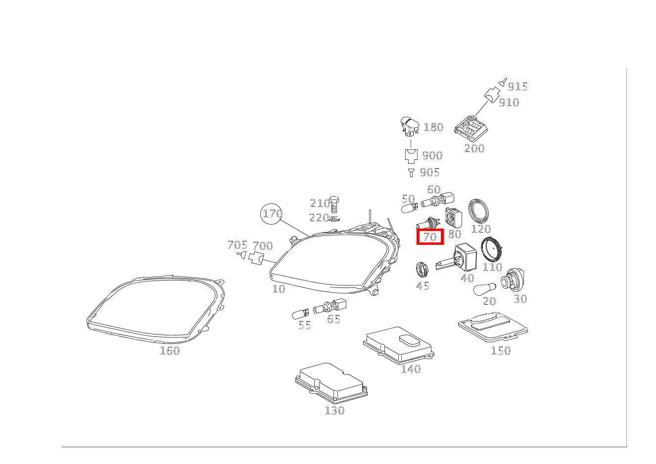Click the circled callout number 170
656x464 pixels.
(x=272, y=214)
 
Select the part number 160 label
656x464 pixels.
(x=170, y=351)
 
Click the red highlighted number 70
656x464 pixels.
(x=430, y=237)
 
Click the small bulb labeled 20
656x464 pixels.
(x=483, y=290)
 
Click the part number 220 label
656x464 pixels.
(x=319, y=218)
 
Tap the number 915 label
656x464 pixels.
(x=518, y=87)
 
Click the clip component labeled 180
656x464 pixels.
(x=409, y=127)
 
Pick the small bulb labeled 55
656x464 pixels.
(x=301, y=313)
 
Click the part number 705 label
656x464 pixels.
(x=237, y=245)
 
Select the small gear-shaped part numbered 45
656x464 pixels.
(x=422, y=270)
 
